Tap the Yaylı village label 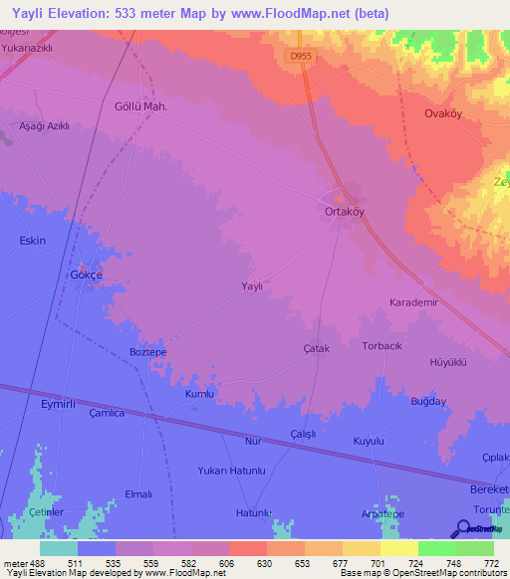(x=252, y=287)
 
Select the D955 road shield (x=302, y=57)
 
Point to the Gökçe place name (x=86, y=275)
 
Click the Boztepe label (x=147, y=352)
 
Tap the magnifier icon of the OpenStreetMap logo (x=462, y=529)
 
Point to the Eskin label (x=33, y=241)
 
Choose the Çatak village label (x=316, y=349)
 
